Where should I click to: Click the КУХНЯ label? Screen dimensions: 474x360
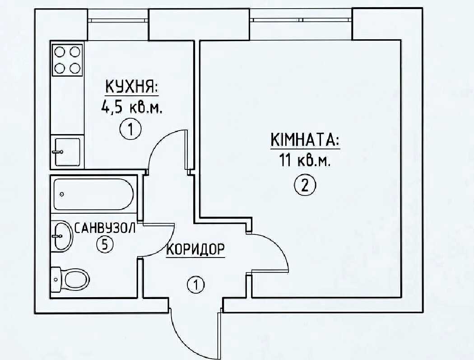[131, 87]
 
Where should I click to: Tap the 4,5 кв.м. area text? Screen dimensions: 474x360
[132, 108]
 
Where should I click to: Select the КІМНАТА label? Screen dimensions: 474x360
[305, 140]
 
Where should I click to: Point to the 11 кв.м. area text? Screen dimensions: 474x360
[304, 161]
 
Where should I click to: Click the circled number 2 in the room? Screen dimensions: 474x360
[305, 185]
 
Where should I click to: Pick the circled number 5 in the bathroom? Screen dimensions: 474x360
[105, 244]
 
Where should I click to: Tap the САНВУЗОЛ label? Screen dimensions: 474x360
[105, 228]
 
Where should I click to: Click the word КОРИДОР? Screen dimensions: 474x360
[195, 249]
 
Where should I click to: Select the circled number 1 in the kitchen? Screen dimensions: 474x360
[130, 130]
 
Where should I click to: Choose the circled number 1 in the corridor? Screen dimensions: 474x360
[195, 285]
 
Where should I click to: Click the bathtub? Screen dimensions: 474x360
[93, 195]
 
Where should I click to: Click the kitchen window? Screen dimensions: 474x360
[118, 21]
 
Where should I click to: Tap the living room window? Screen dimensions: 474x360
[302, 20]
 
